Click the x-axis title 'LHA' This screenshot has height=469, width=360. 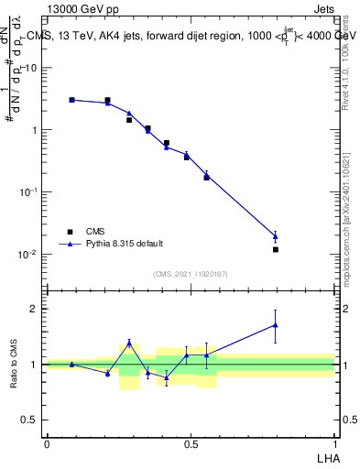point(324,456)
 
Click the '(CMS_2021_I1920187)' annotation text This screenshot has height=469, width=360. point(190,273)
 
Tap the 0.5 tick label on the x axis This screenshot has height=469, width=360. point(191,443)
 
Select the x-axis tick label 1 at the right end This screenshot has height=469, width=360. point(334,443)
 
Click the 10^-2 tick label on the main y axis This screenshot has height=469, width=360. point(28,255)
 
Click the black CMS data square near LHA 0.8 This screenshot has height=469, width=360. point(275,249)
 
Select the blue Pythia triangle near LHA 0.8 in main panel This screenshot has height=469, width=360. point(275,236)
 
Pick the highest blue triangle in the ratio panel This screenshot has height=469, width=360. point(275,325)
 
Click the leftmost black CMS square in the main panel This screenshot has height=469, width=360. point(71,100)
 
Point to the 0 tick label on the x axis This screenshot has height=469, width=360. point(47,443)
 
